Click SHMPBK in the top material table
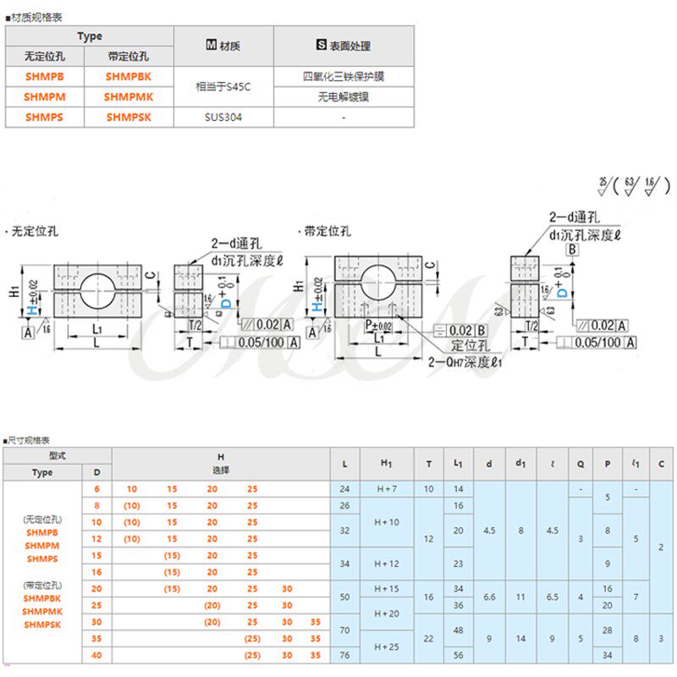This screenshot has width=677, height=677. click(x=129, y=76)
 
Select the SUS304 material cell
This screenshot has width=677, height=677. click(x=223, y=118)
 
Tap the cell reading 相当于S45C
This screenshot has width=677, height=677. click(x=223, y=86)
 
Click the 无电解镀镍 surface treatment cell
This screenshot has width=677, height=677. click(x=344, y=96)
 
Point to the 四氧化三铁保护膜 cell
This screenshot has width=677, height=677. click(x=344, y=76)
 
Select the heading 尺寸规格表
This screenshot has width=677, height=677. click(x=29, y=441)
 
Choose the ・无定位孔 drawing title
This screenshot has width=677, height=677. click(x=30, y=230)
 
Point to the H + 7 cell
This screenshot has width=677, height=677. click(x=387, y=489)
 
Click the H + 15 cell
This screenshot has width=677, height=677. click(x=387, y=588)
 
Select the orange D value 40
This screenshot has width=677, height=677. click(x=96, y=655)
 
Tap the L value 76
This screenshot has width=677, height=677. click(x=344, y=655)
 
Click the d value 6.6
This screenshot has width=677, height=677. click(x=490, y=597)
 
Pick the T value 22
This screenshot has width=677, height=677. click(x=429, y=638)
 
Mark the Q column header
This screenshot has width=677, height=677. click(x=581, y=463)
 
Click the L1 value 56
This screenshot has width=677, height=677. click(x=458, y=655)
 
